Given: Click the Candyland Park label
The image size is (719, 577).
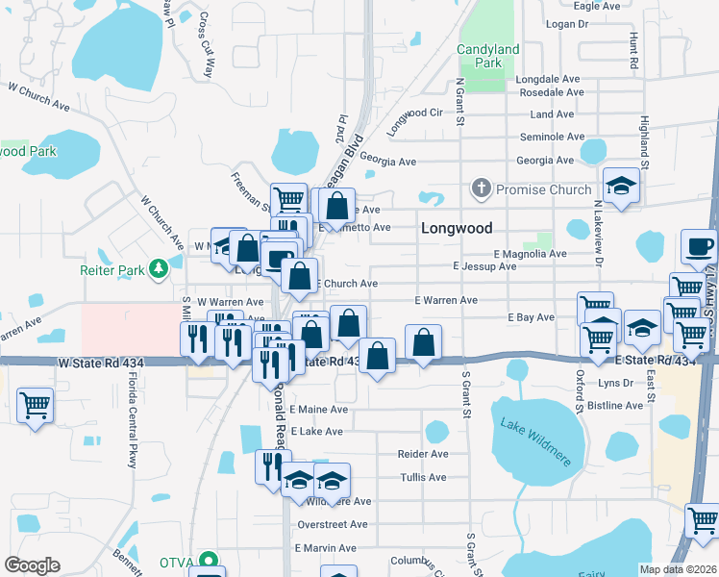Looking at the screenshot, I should point(487,56).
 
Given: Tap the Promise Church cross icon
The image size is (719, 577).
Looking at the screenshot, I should point(482,189).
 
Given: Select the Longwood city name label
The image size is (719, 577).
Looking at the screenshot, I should point(457,229).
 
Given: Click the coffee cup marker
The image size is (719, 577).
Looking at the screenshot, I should point(699,246).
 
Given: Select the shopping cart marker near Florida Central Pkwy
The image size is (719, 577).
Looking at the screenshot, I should point(35,404).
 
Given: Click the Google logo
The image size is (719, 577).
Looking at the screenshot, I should point(32,564).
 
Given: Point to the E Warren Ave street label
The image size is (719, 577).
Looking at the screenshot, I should point(446,300).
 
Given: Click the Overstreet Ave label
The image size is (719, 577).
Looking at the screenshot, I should point(333,524).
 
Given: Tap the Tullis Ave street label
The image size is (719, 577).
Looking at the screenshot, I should point(423,477).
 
